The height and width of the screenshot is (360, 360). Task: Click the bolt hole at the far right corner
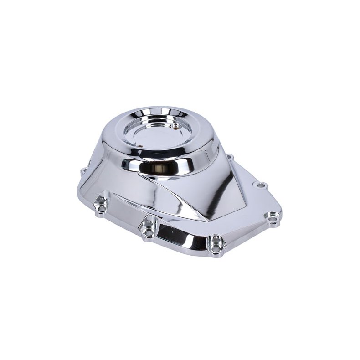pyautogui.click(x=273, y=220)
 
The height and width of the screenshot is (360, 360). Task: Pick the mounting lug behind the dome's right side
pyautogui.click(x=230, y=157)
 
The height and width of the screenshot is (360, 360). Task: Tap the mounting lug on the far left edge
pyautogui.click(x=83, y=172)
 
